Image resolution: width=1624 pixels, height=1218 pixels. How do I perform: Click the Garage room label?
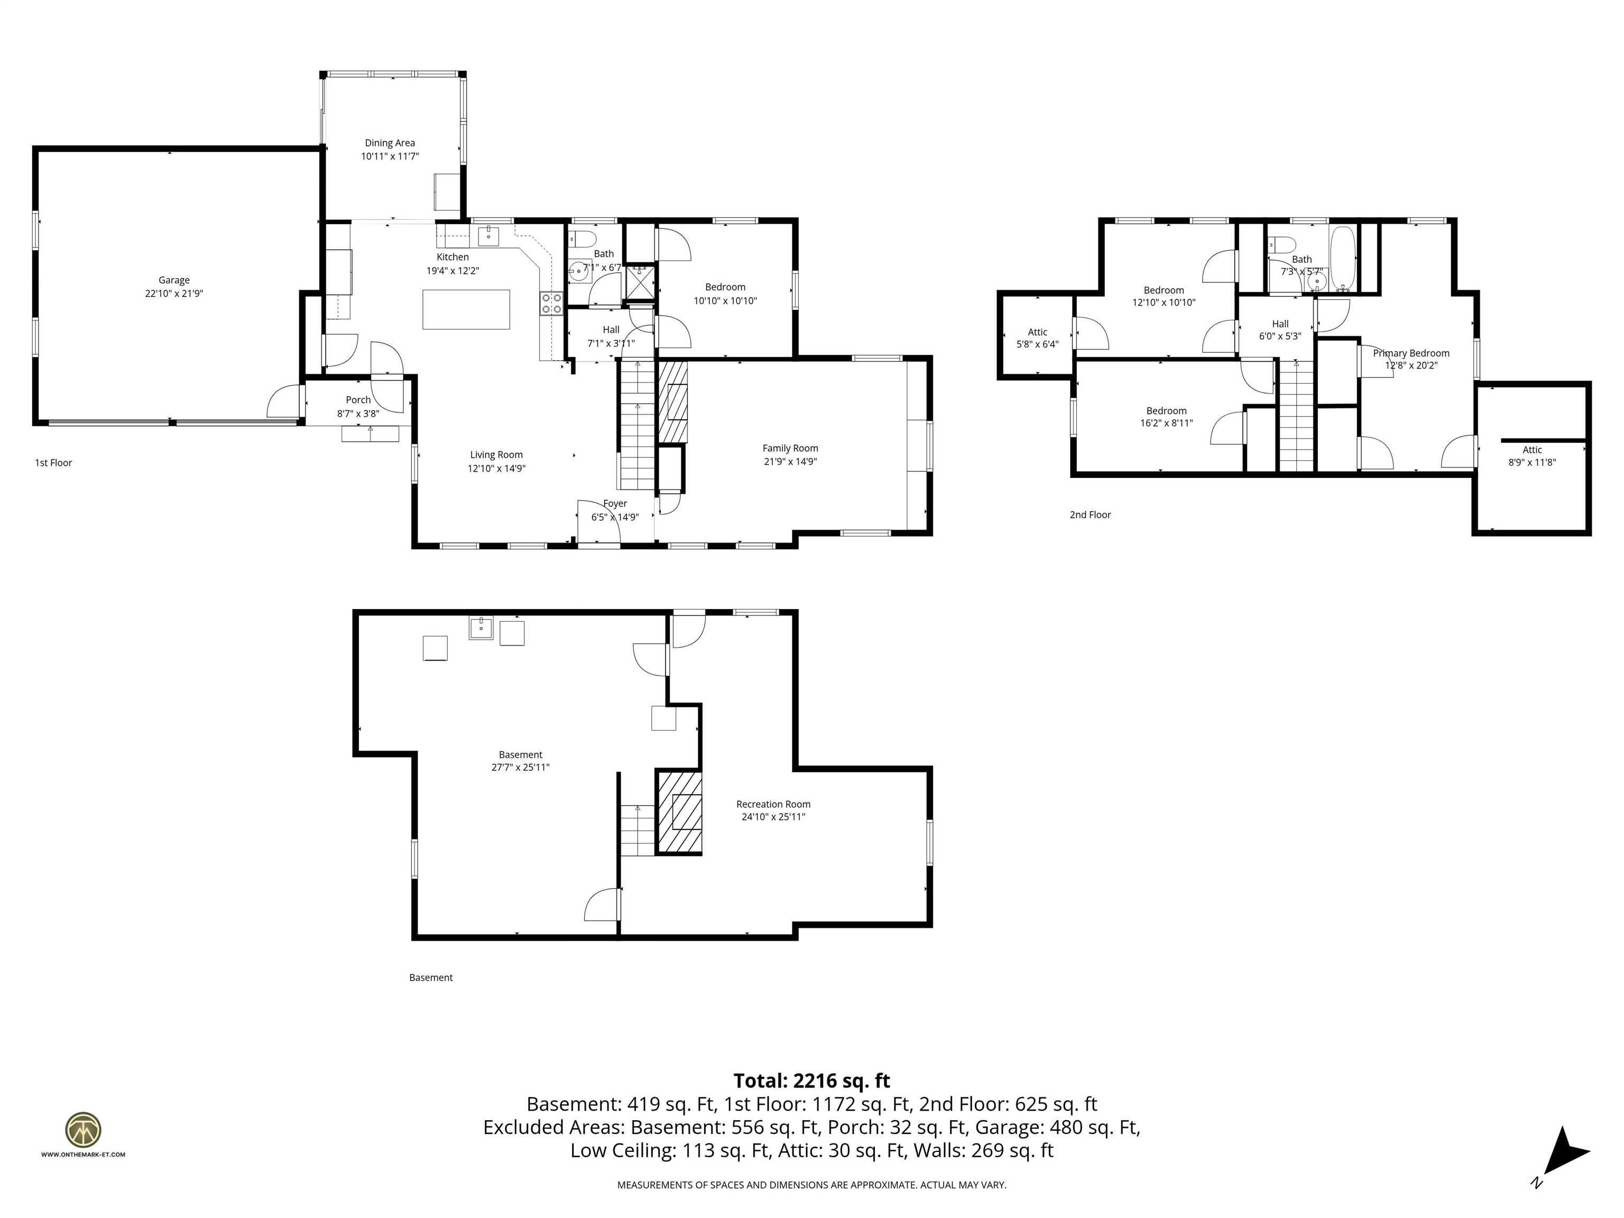pos(174,280)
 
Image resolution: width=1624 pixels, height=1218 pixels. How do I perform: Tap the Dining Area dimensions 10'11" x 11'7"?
pos(389,156)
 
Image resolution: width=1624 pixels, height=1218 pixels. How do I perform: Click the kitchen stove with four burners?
pos(551,303)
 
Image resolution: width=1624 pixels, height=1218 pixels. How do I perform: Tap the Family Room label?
pos(789,448)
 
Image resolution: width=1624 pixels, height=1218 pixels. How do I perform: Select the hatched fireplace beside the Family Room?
pos(672,401)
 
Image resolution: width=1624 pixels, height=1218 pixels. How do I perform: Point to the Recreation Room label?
pos(773,804)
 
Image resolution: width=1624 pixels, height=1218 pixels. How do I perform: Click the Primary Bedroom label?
pos(1410,353)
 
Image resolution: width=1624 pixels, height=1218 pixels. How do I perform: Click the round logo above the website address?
pos(83,1130)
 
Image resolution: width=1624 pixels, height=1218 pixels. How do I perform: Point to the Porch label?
pos(358,400)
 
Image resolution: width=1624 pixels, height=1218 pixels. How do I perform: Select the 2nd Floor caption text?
pos(1090,515)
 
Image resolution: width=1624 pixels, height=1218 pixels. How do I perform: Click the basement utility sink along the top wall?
pos(481,629)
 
